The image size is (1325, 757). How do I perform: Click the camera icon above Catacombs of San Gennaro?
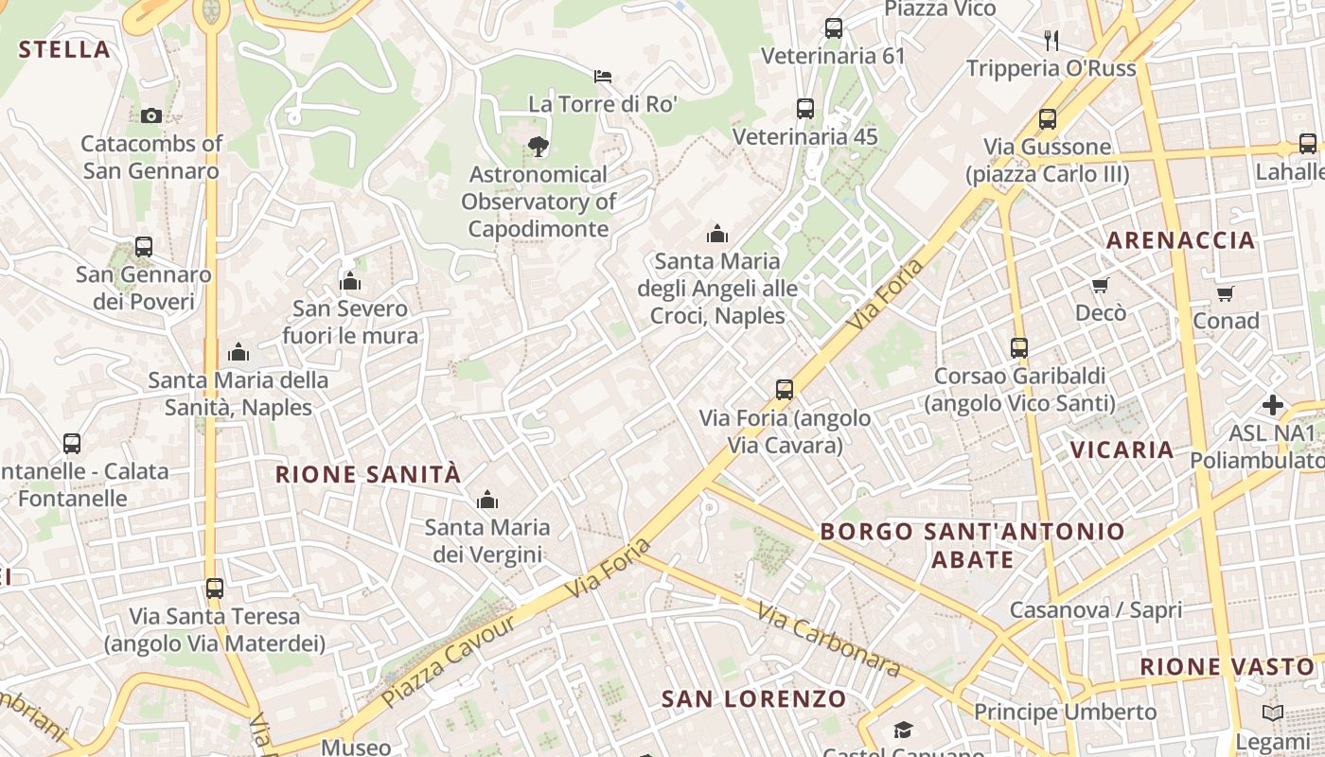click(x=150, y=115)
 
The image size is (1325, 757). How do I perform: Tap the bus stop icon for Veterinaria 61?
click(x=833, y=28)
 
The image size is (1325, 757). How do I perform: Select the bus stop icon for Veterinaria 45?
click(x=804, y=109)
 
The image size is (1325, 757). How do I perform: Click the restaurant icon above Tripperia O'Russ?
click(x=1051, y=40)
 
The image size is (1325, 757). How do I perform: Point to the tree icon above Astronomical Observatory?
click(x=539, y=146)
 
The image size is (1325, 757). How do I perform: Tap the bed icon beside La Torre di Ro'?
click(x=603, y=76)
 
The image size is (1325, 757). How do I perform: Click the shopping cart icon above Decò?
click(x=1100, y=285)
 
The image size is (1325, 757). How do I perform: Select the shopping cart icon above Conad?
click(x=1226, y=293)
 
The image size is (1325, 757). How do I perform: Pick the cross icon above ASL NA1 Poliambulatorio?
click(x=1273, y=406)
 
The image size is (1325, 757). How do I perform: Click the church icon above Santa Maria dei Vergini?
click(x=487, y=500)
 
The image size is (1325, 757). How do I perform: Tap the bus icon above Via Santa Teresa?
click(x=215, y=588)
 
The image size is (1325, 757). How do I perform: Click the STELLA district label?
click(x=64, y=50)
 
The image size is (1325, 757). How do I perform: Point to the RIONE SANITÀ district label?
click(x=368, y=474)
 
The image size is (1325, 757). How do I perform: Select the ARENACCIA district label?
click(x=1180, y=240)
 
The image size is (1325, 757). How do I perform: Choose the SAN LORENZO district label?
click(x=753, y=699)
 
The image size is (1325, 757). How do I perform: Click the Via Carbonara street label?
click(x=828, y=640)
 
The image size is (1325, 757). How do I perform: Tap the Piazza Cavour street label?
click(x=450, y=660)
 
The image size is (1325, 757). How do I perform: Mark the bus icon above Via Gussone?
click(x=1047, y=119)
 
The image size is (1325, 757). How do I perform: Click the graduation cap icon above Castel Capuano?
click(x=903, y=730)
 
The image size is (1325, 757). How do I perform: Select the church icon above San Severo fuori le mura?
click(x=350, y=281)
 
